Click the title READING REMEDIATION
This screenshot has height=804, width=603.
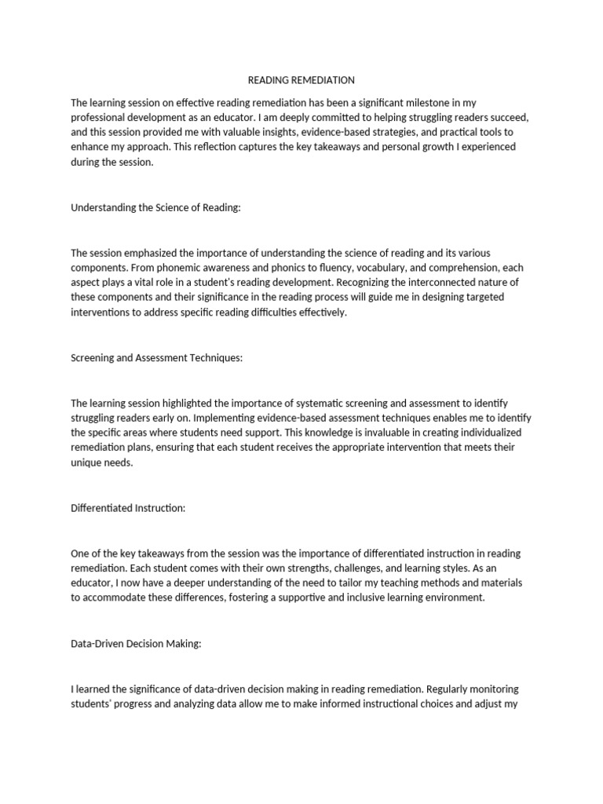(301, 80)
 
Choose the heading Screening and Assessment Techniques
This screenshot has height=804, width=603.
(157, 358)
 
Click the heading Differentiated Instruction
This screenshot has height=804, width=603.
(128, 508)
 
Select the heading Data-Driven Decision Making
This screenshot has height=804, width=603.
(137, 644)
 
